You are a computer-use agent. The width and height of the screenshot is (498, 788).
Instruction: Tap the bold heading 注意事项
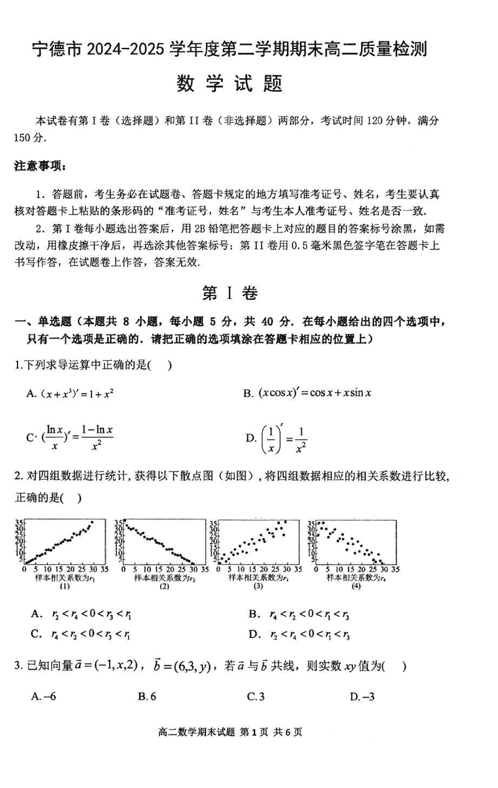point(39,166)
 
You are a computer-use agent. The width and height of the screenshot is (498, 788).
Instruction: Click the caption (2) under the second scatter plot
point(164,586)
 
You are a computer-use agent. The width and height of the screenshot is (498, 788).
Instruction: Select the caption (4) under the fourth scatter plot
point(356,586)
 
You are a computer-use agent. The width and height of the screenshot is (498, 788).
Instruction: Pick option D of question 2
point(299,635)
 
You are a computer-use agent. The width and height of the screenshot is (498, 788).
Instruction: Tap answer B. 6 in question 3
point(147,697)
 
